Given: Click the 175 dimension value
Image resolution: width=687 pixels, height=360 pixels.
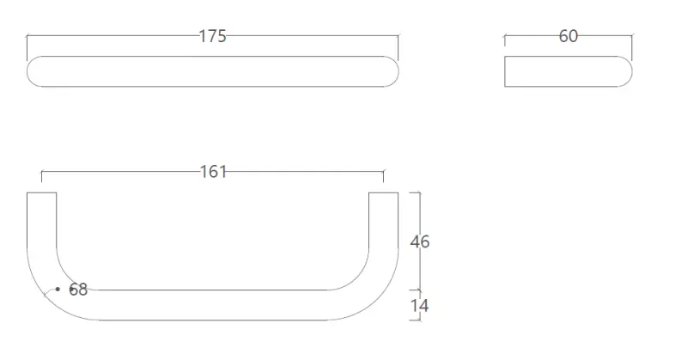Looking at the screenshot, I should point(212,36).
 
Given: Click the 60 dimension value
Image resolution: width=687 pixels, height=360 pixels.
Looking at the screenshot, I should point(568,36).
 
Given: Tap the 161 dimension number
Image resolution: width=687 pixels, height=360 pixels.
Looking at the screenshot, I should point(213,172).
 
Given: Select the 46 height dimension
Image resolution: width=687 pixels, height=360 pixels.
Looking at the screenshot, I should point(420,241).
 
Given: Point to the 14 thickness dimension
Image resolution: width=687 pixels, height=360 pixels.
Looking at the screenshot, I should point(420,305).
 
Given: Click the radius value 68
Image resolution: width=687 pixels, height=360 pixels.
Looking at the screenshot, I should point(78,290).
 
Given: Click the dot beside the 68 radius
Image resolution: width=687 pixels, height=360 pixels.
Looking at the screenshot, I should point(58,290).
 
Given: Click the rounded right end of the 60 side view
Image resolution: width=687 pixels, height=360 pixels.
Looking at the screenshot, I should point(625,71).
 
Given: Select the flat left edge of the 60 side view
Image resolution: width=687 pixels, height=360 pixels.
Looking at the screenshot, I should point(505,71).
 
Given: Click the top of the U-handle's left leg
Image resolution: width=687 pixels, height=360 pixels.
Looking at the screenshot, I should point(42,193).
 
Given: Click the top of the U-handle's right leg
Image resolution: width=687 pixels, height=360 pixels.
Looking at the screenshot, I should point(384,193).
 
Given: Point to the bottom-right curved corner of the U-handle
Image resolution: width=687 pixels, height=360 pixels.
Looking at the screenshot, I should point(373,292).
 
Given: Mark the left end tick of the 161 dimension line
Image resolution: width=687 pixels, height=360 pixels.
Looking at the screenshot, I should point(42,176).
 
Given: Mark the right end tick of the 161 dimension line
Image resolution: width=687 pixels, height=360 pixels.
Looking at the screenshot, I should point(384,176).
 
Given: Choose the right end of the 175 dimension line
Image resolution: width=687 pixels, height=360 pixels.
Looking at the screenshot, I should point(398,36).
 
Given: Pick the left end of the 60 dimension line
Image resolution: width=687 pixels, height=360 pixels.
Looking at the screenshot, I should point(505,37).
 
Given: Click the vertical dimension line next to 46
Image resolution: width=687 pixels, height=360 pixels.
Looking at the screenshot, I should point(419,266).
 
